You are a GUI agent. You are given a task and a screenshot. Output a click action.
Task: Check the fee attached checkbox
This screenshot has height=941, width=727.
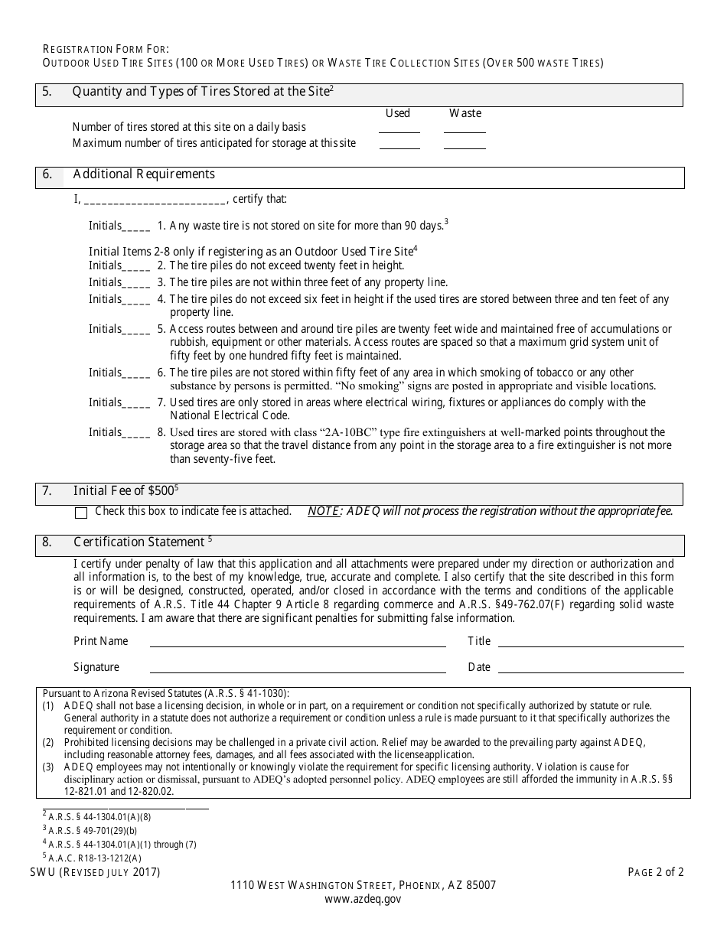81,513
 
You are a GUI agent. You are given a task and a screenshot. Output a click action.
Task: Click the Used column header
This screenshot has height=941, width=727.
398,113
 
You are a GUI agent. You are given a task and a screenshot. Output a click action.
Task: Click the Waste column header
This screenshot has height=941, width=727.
465,113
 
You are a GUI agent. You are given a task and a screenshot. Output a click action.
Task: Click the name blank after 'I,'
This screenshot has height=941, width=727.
154,201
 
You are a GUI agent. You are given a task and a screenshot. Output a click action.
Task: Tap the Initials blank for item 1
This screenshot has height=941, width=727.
136,227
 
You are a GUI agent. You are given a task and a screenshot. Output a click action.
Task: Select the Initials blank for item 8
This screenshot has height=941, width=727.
136,434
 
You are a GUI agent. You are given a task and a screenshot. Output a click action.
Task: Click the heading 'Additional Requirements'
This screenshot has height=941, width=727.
144,174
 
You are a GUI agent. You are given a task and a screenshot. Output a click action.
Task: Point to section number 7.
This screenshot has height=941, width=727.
47,491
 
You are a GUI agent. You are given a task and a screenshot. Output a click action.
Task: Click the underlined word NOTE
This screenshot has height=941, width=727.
323,512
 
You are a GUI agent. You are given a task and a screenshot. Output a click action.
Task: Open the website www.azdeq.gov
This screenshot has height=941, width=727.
363,900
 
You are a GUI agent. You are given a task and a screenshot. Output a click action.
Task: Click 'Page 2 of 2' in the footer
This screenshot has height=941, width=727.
655,872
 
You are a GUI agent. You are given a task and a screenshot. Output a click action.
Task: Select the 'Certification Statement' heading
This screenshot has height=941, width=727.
139,542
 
